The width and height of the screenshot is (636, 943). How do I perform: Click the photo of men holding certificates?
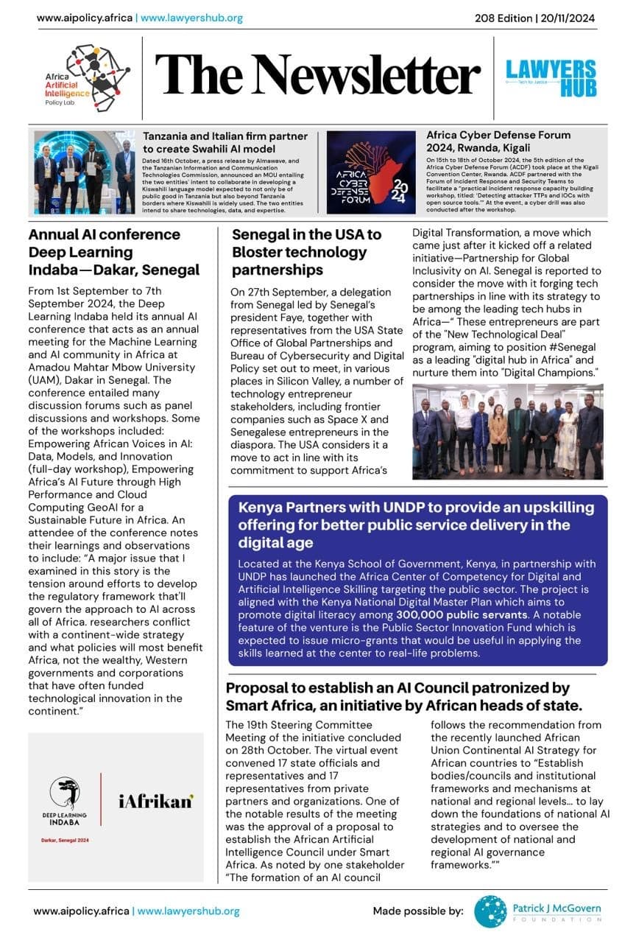click(84, 172)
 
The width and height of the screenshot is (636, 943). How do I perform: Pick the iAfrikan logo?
click(155, 802)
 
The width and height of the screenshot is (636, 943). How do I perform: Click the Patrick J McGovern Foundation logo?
click(537, 911)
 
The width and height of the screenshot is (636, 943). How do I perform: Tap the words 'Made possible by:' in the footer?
click(417, 911)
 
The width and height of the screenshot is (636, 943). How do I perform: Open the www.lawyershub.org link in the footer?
click(188, 911)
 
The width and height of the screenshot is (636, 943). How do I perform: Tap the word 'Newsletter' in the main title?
click(368, 75)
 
